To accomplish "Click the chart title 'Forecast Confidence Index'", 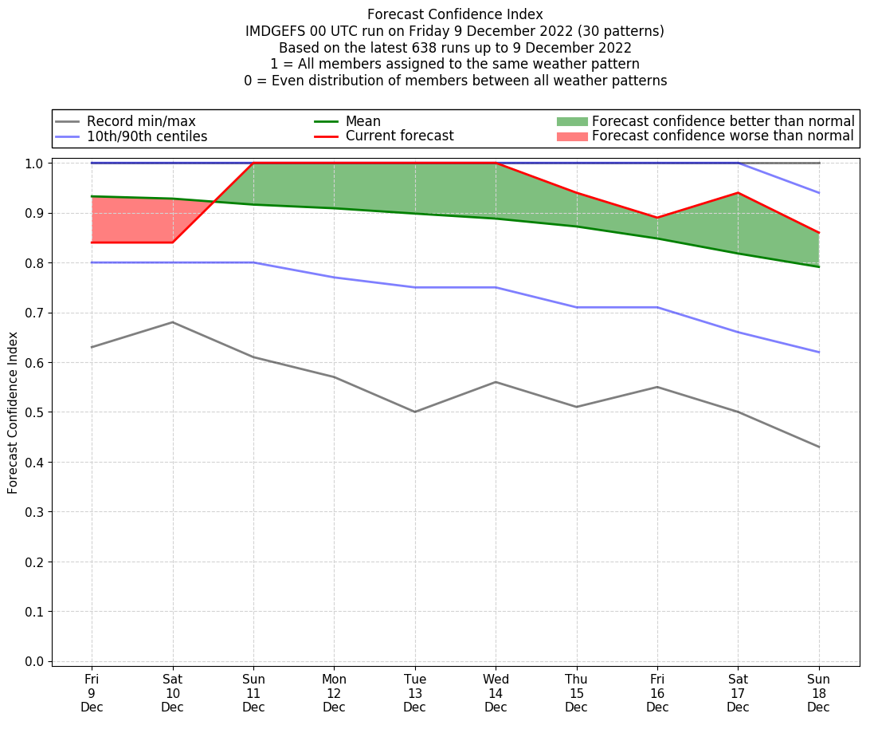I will point(455,14).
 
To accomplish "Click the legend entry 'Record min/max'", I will point(140,121).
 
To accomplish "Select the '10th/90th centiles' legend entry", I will point(147,136).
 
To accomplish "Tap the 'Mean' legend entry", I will point(362,121).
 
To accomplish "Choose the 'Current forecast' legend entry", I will point(399,136).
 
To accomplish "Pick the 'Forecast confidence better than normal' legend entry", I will point(723,121).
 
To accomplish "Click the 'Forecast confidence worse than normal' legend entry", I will point(723,136).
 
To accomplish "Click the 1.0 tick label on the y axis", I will point(35,164).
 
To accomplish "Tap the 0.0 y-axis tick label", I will point(35,661).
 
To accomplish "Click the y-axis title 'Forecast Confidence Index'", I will point(14,412).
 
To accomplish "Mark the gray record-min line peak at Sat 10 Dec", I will point(173,322).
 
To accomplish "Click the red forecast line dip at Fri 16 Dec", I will point(657,218).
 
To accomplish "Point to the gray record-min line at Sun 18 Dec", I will point(818,447).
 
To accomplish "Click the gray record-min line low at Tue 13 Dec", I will point(415,412).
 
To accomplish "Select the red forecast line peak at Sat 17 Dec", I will point(738,193).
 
